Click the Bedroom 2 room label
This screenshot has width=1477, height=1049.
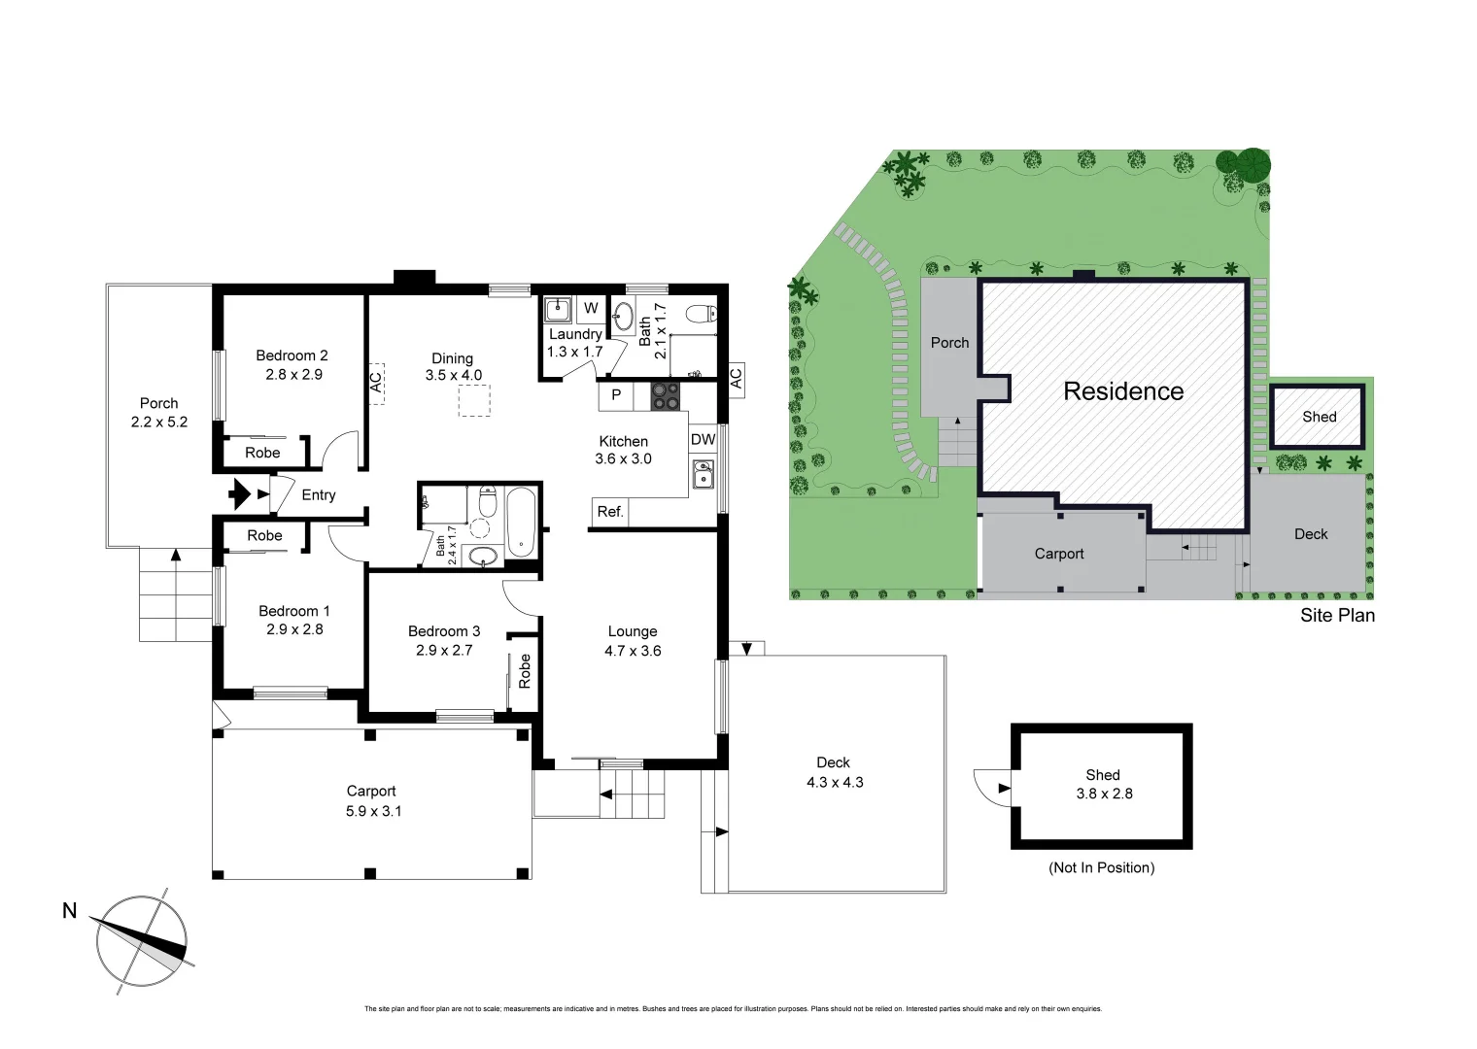(292, 364)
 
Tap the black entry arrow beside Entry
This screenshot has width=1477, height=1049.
(239, 494)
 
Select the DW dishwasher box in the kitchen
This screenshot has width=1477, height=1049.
(703, 440)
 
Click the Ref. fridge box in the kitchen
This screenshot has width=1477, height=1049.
(609, 512)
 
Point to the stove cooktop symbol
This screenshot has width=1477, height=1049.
(666, 395)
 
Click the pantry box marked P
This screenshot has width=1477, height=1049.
(615, 395)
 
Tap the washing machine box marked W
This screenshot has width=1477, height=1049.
(591, 310)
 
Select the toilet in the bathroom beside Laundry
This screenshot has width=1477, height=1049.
(700, 313)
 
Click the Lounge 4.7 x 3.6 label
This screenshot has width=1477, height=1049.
(633, 641)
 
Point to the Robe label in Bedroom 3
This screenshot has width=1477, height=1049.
(525, 670)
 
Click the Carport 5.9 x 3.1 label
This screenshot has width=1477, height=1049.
(371, 800)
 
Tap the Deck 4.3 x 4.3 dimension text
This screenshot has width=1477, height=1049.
(835, 782)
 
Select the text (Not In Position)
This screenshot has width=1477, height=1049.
(1101, 867)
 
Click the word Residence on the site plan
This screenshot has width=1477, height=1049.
(1123, 391)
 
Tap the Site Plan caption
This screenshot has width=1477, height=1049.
(1337, 615)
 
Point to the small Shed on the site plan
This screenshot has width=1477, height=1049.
(1318, 417)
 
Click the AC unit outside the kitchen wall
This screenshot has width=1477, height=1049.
(736, 378)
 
